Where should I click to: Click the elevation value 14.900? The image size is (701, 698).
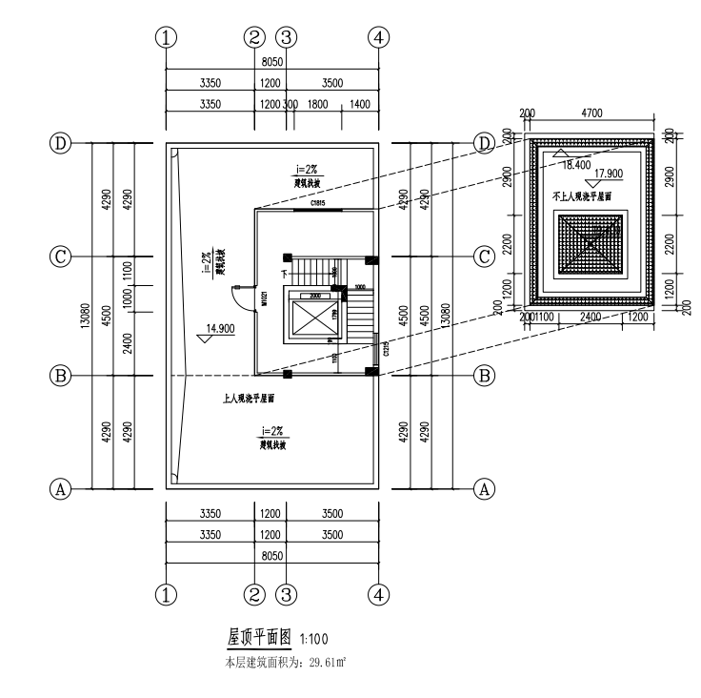[230, 329]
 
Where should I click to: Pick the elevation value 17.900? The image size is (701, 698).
[611, 173]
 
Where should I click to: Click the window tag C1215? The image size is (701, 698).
[384, 350]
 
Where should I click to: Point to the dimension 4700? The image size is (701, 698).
[591, 113]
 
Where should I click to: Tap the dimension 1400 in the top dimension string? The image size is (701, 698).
[360, 104]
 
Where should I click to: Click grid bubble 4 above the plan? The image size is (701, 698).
[379, 37]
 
